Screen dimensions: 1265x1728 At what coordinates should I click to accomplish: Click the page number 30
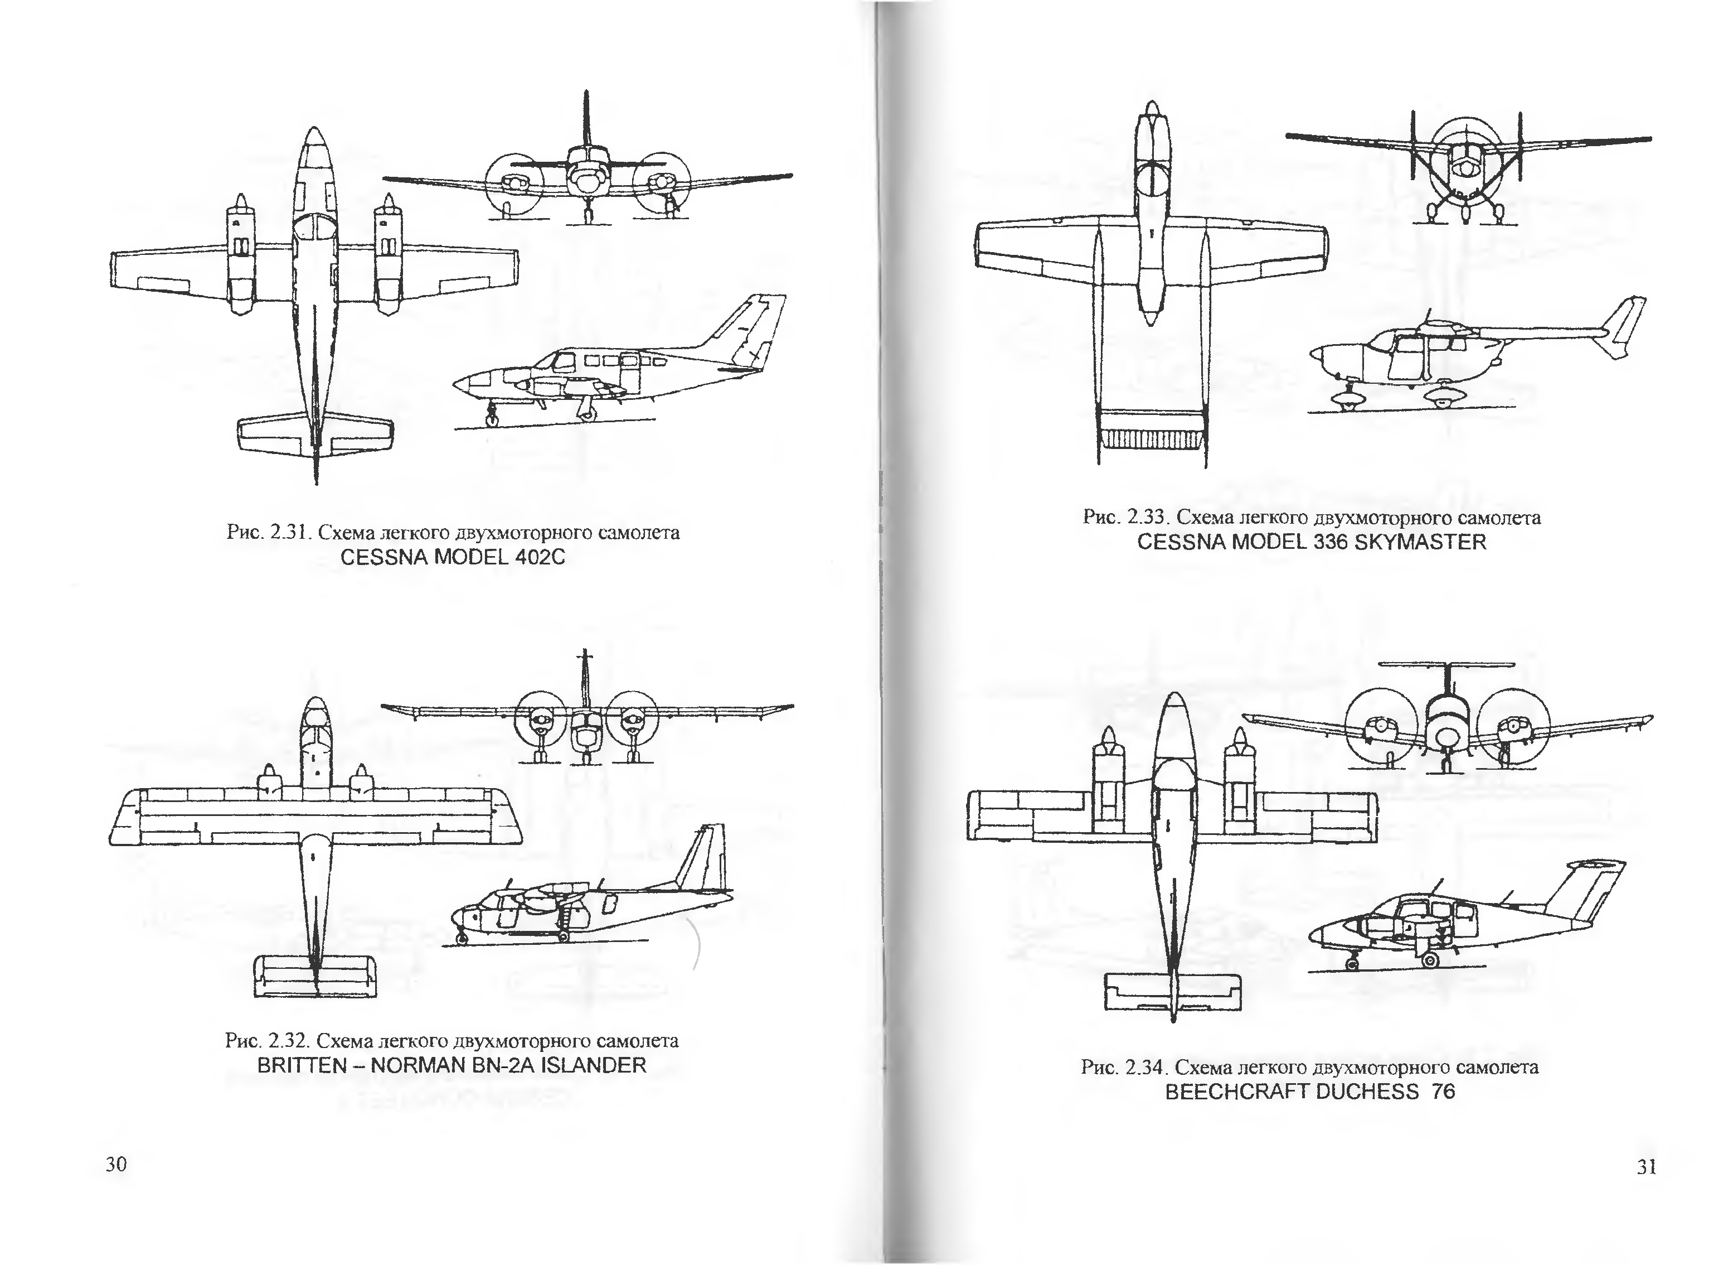click(x=117, y=1164)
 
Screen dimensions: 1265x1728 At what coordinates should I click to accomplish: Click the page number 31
click(x=1646, y=1166)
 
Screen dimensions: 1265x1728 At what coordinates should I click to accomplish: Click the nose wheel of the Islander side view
click(x=462, y=938)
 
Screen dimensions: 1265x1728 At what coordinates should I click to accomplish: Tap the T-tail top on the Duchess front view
click(x=1447, y=664)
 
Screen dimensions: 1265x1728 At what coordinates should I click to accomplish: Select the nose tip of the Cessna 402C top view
click(x=314, y=130)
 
